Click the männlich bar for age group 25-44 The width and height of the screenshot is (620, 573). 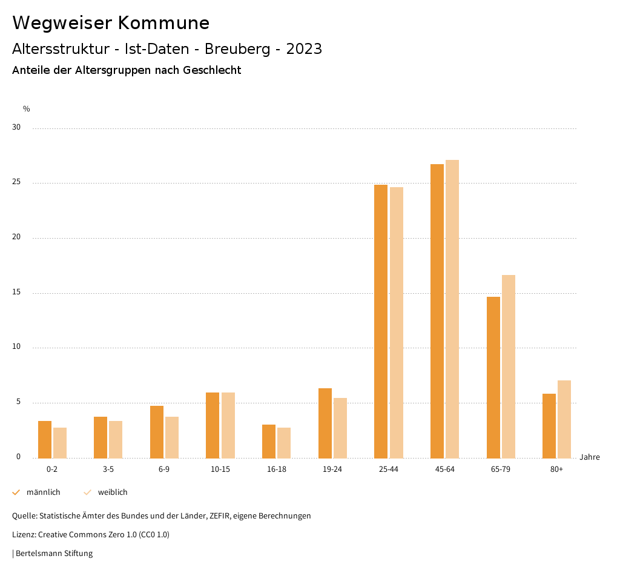pos(381,321)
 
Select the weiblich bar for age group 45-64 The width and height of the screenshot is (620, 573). pos(452,309)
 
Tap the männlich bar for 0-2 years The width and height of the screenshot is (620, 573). pos(45,439)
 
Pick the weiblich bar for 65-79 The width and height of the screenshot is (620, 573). pos(509,366)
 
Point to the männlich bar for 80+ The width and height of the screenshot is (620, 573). pos(549,426)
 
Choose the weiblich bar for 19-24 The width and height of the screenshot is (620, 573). pos(340,428)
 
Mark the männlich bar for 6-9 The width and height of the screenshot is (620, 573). pos(157,432)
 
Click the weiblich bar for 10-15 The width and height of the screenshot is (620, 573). pos(228,425)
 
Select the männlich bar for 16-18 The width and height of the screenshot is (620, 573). pos(269,441)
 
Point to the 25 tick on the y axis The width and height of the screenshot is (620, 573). pos(16,182)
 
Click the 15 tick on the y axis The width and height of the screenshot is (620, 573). pos(16,293)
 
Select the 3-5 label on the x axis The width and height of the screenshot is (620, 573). pos(108,469)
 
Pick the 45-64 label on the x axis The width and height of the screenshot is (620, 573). pos(445,469)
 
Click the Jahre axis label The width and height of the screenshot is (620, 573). pos(590,457)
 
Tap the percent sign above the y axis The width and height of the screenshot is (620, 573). pos(27,109)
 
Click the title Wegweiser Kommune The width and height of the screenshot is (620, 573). pos(111,23)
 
